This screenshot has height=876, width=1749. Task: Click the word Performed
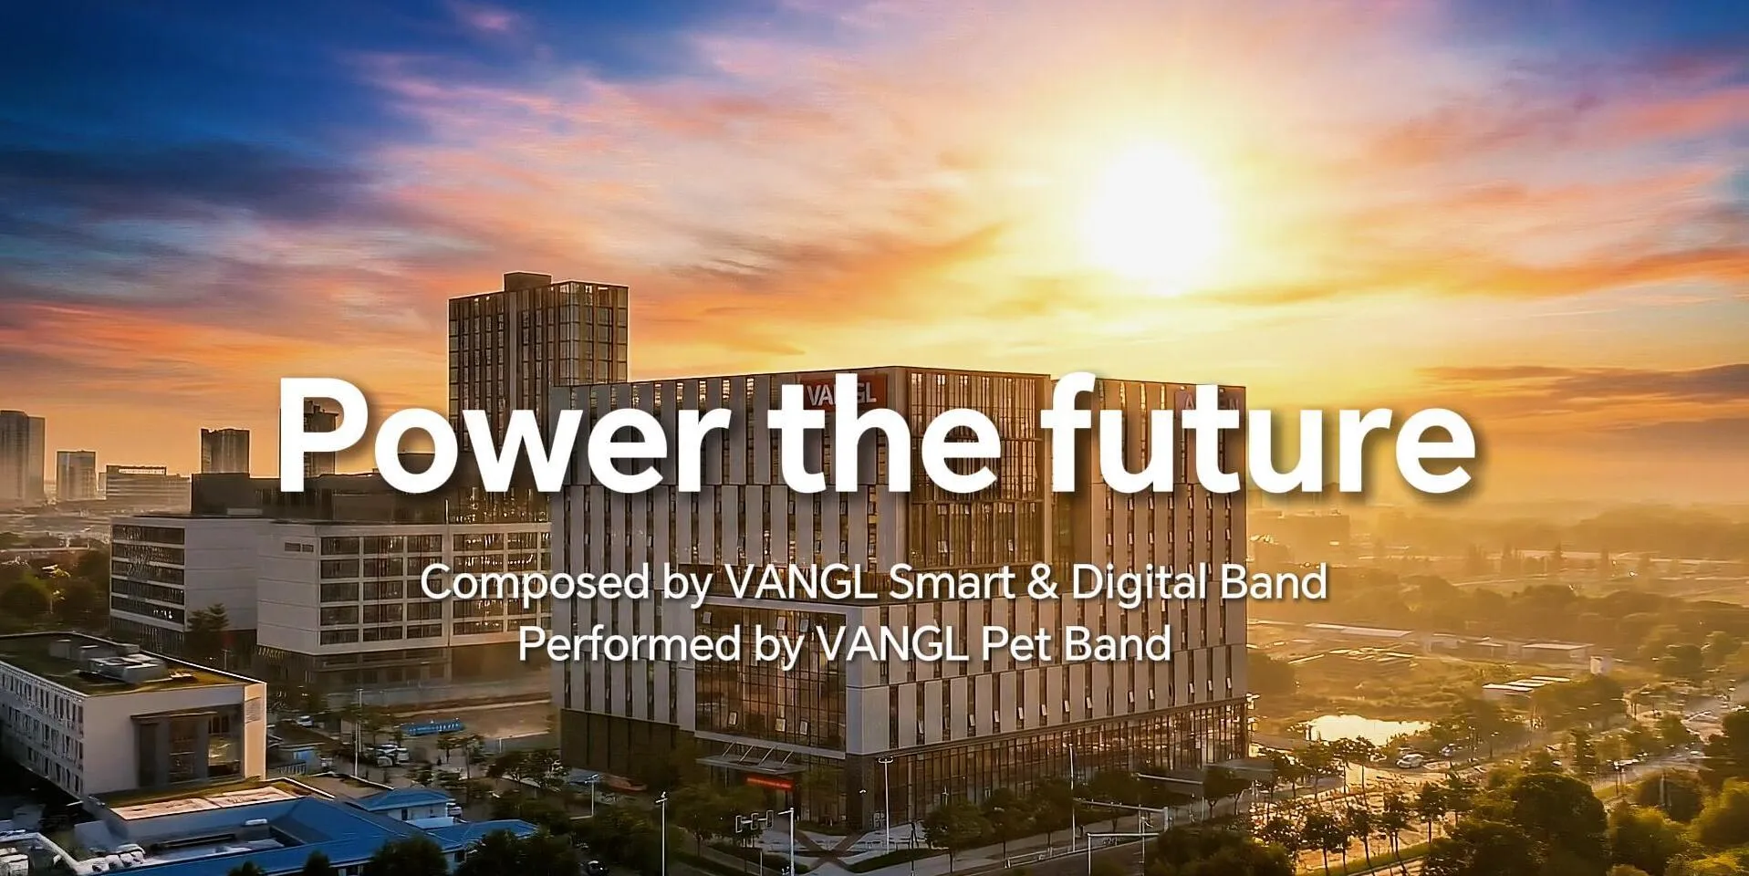click(630, 644)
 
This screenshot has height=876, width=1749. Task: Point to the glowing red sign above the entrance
click(770, 783)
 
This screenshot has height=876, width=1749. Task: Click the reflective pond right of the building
click(1364, 727)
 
